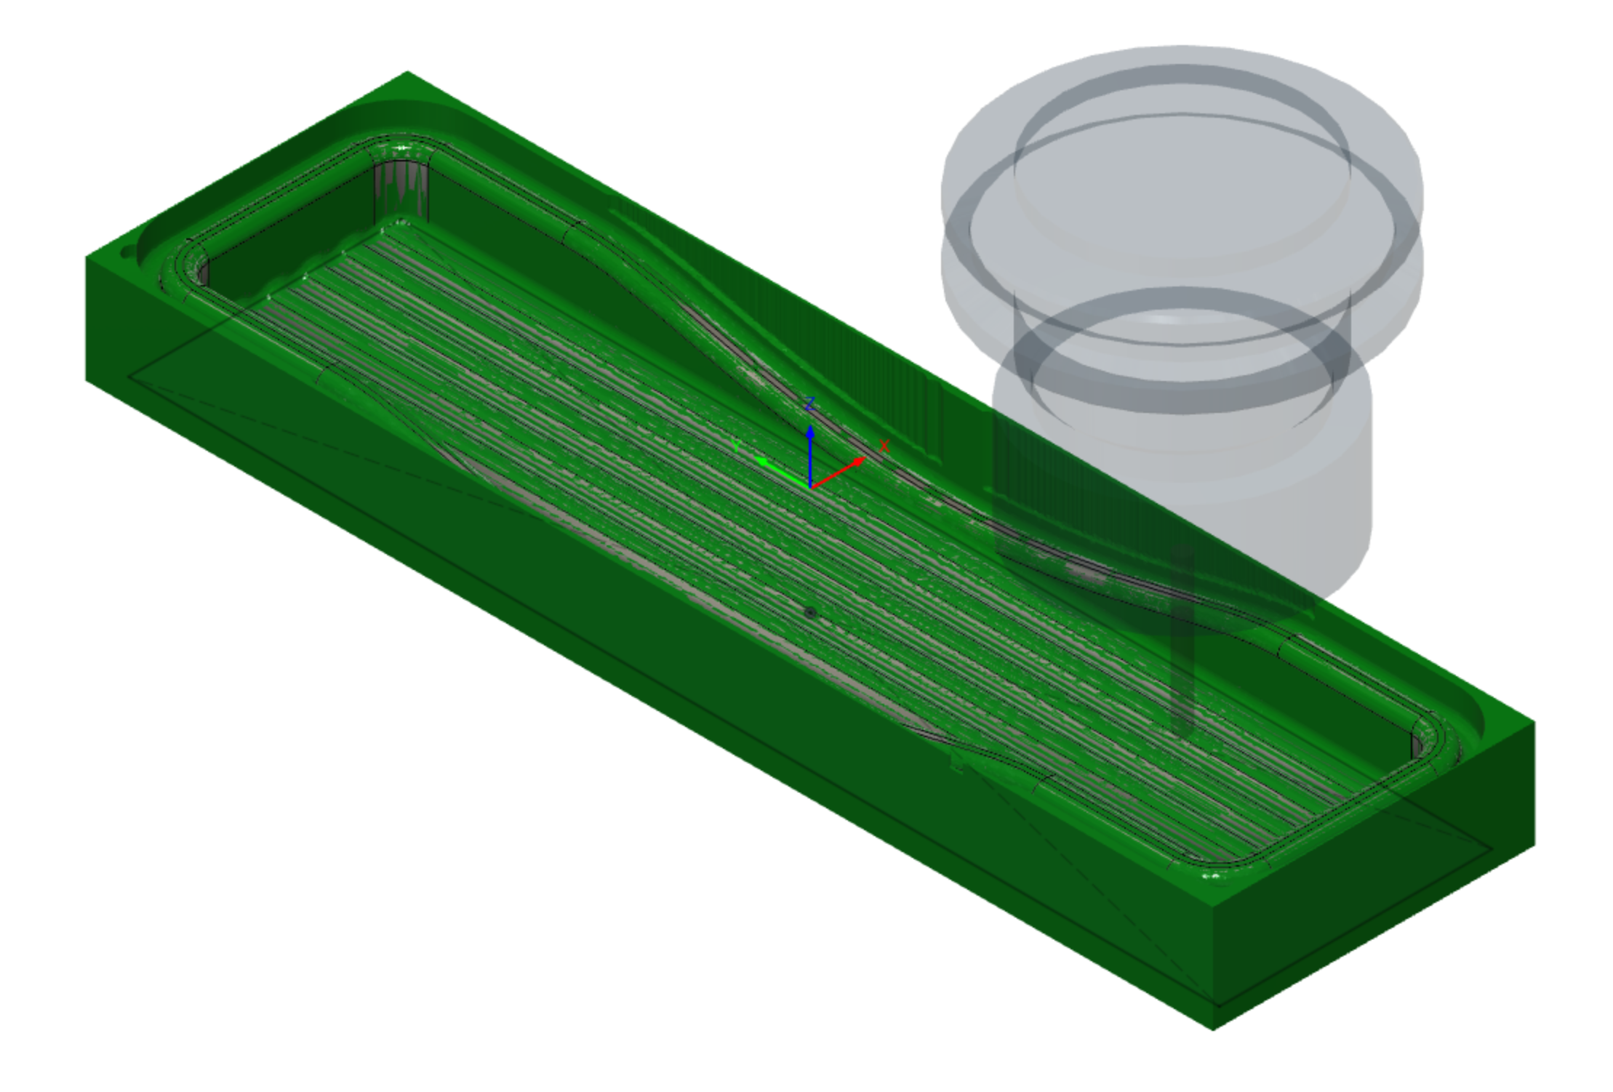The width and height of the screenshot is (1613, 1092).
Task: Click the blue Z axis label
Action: [810, 404]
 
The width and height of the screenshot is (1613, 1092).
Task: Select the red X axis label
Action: [884, 446]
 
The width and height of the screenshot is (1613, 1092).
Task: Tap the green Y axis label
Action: [736, 446]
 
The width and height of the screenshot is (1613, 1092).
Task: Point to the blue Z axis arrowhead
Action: [810, 432]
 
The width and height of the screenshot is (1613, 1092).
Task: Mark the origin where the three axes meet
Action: [810, 486]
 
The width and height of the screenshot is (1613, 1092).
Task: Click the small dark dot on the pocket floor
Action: [810, 613]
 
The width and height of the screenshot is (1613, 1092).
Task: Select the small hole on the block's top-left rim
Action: [128, 254]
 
